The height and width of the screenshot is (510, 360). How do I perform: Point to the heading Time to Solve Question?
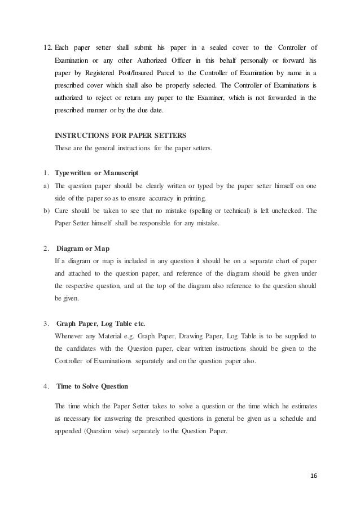pyautogui.click(x=93, y=386)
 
